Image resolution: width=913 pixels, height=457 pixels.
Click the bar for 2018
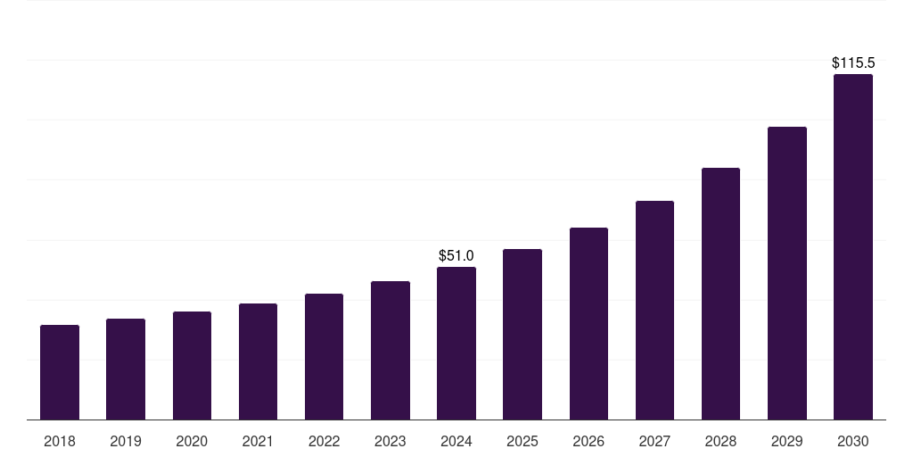click(x=60, y=372)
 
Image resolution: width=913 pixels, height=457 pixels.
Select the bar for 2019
click(x=126, y=369)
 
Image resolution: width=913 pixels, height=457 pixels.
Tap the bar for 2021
click(x=258, y=361)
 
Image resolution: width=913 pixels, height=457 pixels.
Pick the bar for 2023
click(x=391, y=350)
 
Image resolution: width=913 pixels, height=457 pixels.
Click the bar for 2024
click(x=456, y=343)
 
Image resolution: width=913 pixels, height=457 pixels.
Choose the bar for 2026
click(x=588, y=323)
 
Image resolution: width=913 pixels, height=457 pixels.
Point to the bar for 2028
click(x=720, y=294)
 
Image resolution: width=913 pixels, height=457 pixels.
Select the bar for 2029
click(x=786, y=273)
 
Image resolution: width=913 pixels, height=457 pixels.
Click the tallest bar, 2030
click(x=853, y=246)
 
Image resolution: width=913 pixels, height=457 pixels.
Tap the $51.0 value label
click(x=456, y=256)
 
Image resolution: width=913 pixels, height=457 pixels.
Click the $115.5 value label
click(x=853, y=63)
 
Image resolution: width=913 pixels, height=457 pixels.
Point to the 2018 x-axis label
click(x=60, y=441)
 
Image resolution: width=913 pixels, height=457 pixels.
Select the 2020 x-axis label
click(x=192, y=441)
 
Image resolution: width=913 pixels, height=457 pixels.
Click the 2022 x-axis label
click(x=324, y=441)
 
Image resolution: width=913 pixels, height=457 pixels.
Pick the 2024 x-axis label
click(x=456, y=441)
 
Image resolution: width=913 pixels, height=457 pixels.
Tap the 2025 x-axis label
click(x=522, y=441)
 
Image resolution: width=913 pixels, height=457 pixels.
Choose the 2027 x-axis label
click(x=654, y=441)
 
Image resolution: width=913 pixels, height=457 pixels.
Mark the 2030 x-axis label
click(x=853, y=441)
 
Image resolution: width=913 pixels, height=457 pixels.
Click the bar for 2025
click(x=522, y=334)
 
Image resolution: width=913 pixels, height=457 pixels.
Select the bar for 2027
click(x=654, y=310)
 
